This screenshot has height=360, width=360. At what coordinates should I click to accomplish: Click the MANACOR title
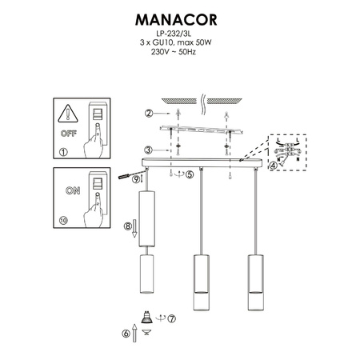coord(179,18)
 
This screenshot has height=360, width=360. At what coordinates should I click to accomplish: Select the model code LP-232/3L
coord(179,35)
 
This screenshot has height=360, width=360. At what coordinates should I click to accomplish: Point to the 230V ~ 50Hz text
coord(179,54)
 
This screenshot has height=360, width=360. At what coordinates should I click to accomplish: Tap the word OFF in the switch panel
coord(68,129)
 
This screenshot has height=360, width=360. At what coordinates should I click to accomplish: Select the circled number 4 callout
coord(274,166)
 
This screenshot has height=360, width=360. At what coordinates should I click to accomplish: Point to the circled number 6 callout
coord(125,334)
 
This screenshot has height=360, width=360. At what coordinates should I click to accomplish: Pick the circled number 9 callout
coord(137,181)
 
